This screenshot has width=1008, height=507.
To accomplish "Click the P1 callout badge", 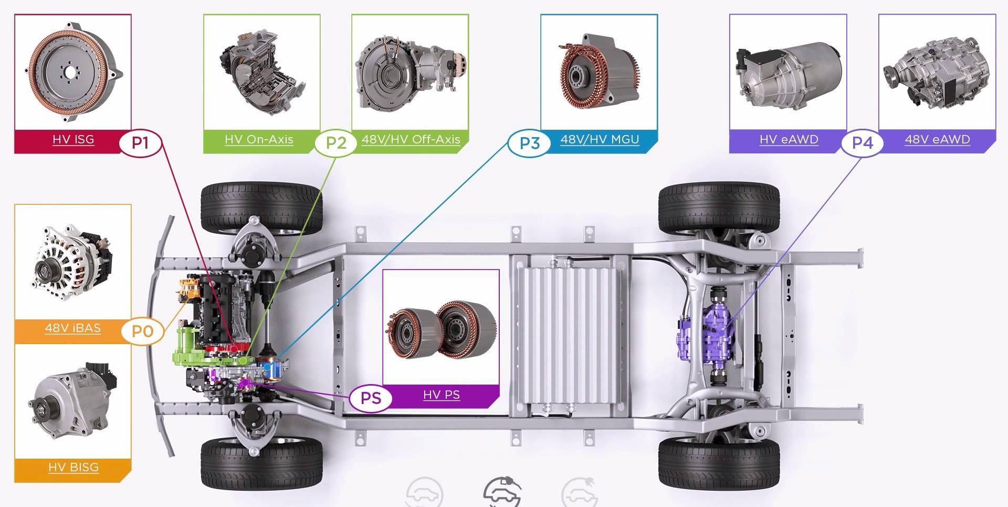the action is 140,143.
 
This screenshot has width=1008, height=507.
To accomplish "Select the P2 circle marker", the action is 336,143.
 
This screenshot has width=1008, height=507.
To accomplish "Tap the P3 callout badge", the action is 529,143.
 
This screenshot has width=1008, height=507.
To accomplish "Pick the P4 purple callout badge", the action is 862,143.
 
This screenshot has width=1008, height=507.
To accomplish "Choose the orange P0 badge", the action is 142,332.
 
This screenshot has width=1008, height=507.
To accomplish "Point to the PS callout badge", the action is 371,398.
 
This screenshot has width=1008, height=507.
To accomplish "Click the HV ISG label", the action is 73,140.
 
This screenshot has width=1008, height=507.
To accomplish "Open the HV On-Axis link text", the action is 259,140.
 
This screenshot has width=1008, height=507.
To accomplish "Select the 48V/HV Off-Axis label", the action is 411,140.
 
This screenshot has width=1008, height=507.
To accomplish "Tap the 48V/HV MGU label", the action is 600,140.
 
